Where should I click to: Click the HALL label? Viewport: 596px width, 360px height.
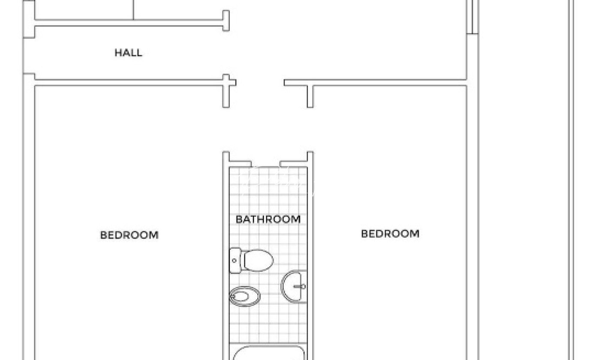pos(129,53)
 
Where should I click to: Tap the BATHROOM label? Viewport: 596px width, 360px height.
pos(268,219)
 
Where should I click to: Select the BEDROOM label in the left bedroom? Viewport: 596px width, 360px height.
pos(129,235)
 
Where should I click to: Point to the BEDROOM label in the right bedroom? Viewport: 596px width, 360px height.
pos(390,234)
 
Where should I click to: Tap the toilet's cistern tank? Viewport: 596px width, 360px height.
pos(235,261)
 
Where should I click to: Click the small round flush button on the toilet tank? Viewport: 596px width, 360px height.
pos(234,261)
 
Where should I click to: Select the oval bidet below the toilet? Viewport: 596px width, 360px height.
pos(245,297)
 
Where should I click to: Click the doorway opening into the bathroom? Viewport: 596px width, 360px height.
pos(265,164)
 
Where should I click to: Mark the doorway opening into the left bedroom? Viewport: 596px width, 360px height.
pos(226,129)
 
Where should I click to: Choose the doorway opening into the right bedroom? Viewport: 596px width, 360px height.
pos(310,129)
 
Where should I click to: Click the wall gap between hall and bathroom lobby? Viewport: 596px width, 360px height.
pos(260,82)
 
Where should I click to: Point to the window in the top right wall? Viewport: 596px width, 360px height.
pos(473,17)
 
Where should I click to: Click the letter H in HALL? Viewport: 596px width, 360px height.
pos(117,53)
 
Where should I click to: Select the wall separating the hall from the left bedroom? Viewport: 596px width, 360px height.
pos(129,82)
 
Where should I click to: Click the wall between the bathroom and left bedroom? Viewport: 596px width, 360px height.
pos(226,256)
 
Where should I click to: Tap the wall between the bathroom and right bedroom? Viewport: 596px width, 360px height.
pos(310,256)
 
